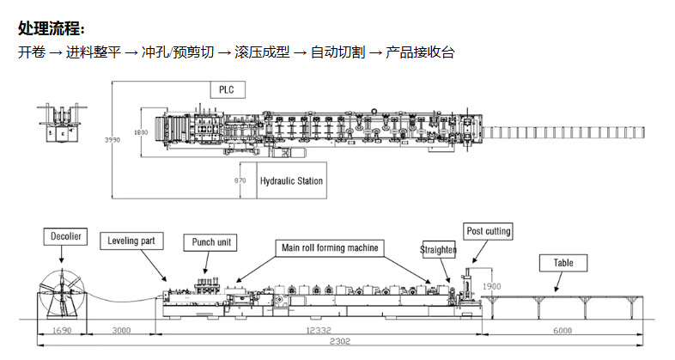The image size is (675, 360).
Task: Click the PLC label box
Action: coord(227,88)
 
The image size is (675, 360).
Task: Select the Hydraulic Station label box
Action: coord(291,181)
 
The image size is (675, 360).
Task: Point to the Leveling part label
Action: coord(131,241)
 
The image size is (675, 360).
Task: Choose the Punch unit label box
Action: coord(210,241)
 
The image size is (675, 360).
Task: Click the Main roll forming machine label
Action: coord(330,247)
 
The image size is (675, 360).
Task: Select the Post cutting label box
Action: coord(488,231)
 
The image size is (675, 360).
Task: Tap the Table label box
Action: coord(562,263)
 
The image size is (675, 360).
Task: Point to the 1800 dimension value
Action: coord(142,133)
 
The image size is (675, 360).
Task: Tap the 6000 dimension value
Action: coord(562,330)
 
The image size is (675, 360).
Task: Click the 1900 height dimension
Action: coord(492,286)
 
